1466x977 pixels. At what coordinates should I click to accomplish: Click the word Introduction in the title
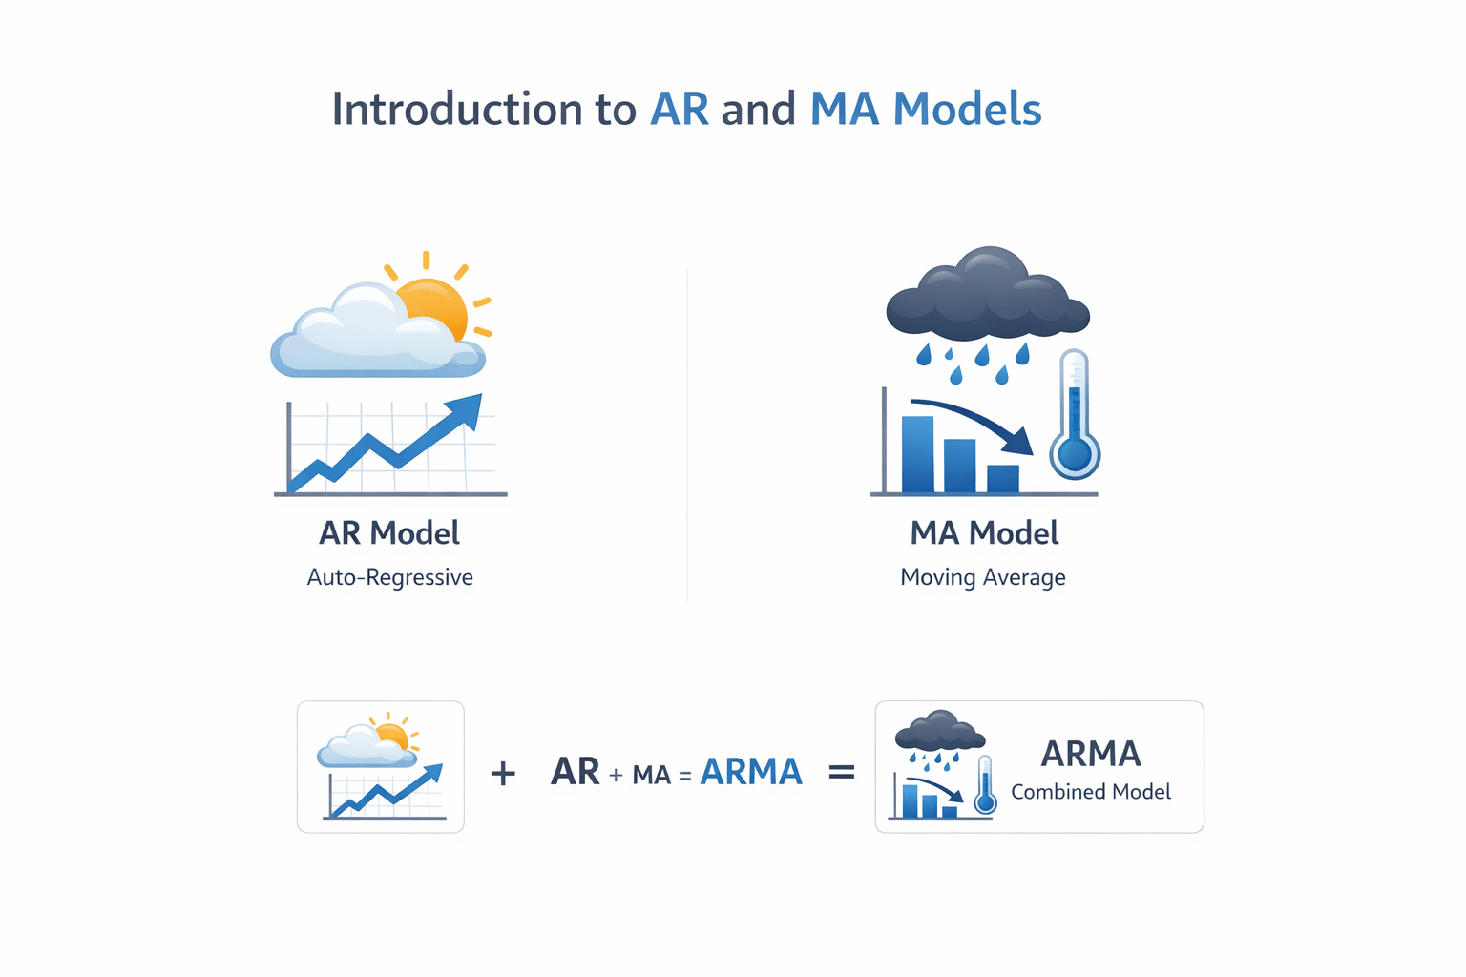point(456,110)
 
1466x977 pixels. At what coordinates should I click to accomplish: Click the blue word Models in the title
point(966,110)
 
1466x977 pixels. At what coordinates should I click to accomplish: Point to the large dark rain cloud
point(987,296)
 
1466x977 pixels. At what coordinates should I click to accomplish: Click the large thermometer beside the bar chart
point(1075,416)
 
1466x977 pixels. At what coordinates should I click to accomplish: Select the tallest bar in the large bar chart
point(917,454)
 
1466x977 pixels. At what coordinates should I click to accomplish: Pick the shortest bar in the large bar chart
point(1002,478)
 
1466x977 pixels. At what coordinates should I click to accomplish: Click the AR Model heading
point(389,533)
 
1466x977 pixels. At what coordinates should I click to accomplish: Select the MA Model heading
point(984,533)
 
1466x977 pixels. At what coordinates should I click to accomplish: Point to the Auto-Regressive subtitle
point(389,577)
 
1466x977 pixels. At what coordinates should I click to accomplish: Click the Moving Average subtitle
point(983,577)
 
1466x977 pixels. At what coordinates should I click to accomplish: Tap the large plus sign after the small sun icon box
point(503,772)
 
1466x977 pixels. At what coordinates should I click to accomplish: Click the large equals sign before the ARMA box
point(841,771)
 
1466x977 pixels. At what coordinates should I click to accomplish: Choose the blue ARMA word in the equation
point(751,772)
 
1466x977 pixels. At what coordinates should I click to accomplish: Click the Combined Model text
point(1090,792)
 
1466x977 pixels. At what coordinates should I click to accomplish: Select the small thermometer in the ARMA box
point(985,786)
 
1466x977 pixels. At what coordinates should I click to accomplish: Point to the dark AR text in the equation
point(575,772)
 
